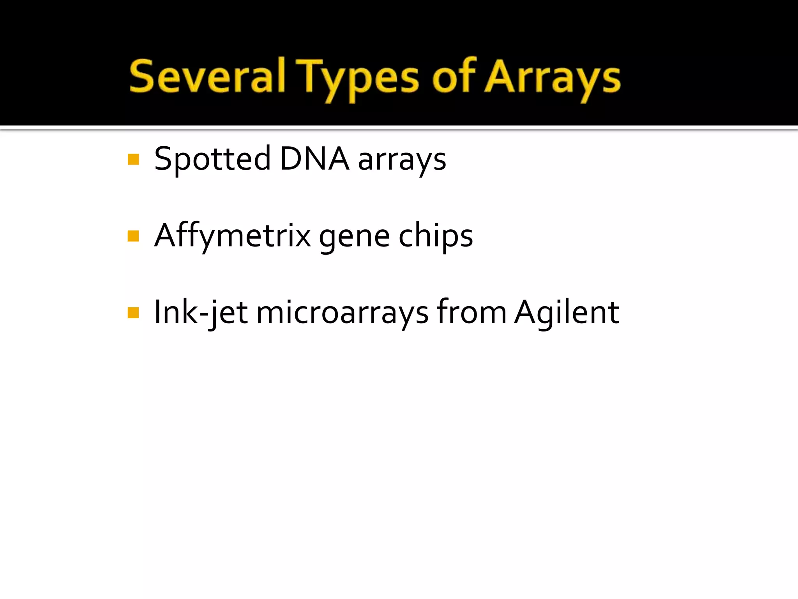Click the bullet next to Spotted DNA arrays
point(133,159)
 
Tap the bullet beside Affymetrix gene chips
point(133,236)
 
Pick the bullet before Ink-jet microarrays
point(133,313)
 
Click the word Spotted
point(212,159)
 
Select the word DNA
point(314,158)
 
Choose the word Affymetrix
point(233,236)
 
